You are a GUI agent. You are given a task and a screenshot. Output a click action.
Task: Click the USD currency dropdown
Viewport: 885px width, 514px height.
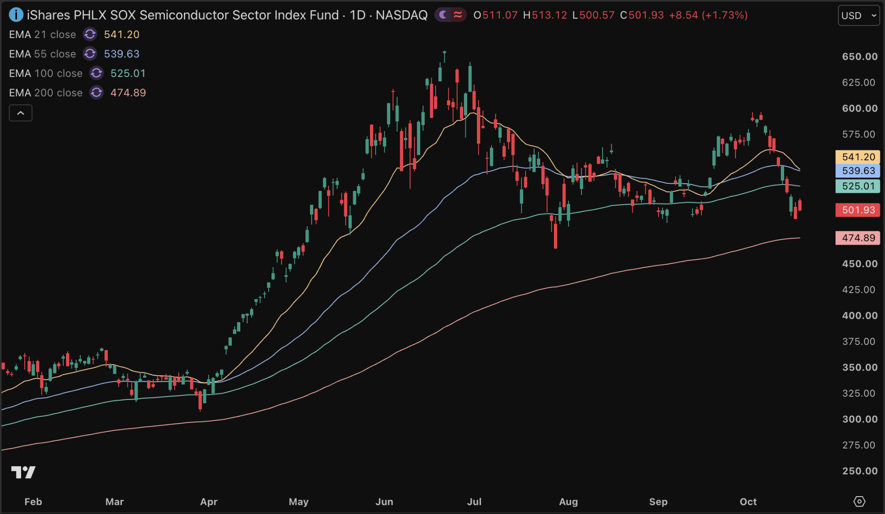(858, 16)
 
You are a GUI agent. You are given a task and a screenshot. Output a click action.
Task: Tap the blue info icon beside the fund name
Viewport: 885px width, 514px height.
(16, 15)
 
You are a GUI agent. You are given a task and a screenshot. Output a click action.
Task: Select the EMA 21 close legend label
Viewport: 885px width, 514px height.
(43, 34)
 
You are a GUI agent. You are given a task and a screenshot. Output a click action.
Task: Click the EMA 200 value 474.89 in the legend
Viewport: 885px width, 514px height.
(128, 93)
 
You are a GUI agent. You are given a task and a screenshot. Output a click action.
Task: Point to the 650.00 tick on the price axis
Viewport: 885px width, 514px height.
(859, 56)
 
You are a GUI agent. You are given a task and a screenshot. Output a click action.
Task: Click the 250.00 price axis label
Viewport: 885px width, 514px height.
(859, 471)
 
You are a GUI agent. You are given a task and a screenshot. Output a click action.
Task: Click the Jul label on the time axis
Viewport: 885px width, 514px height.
(474, 502)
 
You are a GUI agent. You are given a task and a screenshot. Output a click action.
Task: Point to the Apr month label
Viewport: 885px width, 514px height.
(209, 502)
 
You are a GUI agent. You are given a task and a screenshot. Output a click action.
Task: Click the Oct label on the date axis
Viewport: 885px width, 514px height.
(748, 502)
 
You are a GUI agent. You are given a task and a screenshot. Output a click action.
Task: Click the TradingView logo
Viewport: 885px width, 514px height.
(23, 472)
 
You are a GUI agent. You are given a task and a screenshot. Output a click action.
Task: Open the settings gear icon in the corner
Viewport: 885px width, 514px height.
(859, 502)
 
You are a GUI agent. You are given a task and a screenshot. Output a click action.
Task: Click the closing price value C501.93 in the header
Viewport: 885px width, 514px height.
(642, 15)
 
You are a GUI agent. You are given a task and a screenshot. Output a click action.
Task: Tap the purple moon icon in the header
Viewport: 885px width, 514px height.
(443, 15)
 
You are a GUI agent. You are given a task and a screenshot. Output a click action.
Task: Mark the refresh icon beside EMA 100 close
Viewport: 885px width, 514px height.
(96, 73)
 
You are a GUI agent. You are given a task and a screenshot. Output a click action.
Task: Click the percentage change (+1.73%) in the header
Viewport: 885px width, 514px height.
(725, 15)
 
